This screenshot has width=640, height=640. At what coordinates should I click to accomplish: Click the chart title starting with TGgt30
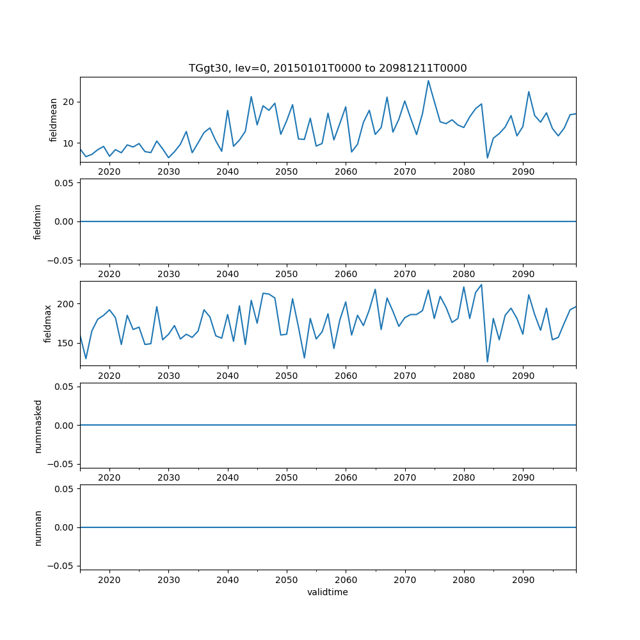(328, 68)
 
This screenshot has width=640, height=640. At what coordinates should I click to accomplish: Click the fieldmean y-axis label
(53, 120)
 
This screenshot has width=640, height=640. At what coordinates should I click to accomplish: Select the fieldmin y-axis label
(37, 221)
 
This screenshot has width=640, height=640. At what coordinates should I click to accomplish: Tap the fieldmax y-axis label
(48, 324)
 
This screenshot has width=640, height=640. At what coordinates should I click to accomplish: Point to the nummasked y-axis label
(38, 426)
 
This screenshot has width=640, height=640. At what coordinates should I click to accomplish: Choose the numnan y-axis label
(38, 527)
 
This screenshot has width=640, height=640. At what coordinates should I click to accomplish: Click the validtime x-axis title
(328, 593)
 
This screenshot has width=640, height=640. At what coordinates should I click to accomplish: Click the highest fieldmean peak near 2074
(428, 81)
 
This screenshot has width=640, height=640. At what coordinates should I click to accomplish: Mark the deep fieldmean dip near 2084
(487, 157)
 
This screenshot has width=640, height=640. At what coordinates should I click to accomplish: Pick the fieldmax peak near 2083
(481, 285)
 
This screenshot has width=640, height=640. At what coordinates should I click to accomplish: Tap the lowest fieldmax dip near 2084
(487, 362)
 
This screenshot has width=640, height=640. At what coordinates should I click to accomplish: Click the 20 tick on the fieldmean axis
(68, 102)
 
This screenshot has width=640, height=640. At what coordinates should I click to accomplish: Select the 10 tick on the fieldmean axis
(68, 143)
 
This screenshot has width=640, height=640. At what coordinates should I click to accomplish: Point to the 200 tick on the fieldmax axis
(66, 303)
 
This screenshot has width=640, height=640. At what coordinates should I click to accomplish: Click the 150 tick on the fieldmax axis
(66, 343)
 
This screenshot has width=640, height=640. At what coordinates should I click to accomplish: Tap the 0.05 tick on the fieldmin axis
(63, 183)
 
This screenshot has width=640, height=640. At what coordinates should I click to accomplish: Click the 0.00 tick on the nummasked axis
(63, 426)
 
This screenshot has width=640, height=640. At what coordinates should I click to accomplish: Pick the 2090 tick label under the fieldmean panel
(523, 172)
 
